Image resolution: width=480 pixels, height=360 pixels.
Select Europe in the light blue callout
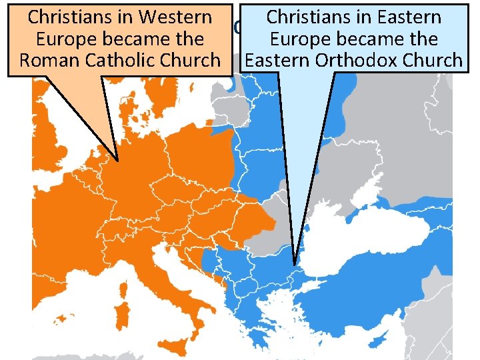tap(297, 38)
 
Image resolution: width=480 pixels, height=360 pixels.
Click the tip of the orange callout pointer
tap(117, 161)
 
